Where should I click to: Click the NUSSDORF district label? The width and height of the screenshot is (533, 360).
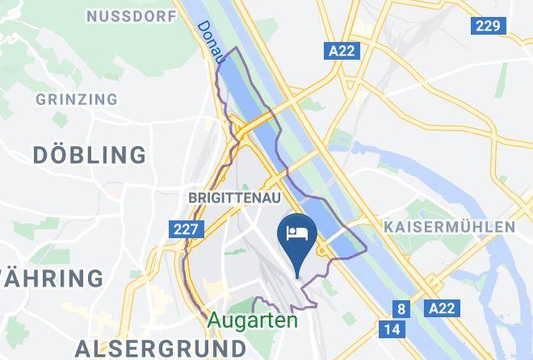pyautogui.click(x=131, y=16)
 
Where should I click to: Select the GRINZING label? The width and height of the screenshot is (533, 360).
pyautogui.click(x=77, y=99)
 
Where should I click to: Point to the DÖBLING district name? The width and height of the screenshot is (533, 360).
pyautogui.click(x=90, y=154)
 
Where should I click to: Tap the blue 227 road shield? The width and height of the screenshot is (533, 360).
pyautogui.click(x=186, y=230)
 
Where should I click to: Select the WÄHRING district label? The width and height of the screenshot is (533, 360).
pyautogui.click(x=51, y=278)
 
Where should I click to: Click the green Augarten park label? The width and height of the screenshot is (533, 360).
pyautogui.click(x=252, y=320)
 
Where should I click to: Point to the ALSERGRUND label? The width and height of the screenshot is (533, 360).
pyautogui.click(x=160, y=348)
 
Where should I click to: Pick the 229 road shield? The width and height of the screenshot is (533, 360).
pyautogui.click(x=487, y=26)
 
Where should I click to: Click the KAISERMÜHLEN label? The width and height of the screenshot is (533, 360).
pyautogui.click(x=450, y=227)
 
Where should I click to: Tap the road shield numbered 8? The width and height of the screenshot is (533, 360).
pyautogui.click(x=400, y=308)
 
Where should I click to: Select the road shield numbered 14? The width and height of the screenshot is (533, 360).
pyautogui.click(x=392, y=329)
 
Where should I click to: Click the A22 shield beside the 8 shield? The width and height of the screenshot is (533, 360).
pyautogui.click(x=442, y=308)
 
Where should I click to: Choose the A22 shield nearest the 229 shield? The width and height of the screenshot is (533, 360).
pyautogui.click(x=342, y=51)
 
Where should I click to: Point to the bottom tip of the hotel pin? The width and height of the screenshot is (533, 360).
pyautogui.click(x=298, y=276)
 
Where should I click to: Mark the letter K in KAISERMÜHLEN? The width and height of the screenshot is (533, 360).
pyautogui.click(x=390, y=227)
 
